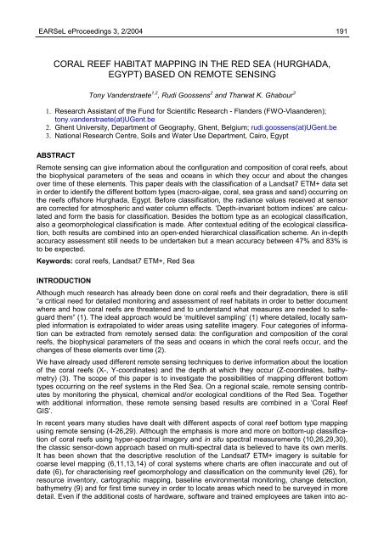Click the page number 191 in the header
tap(359, 8)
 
